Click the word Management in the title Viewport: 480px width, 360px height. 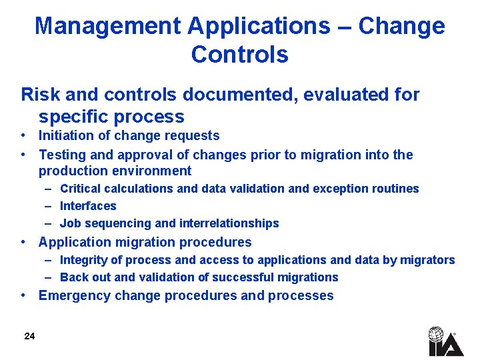(107, 26)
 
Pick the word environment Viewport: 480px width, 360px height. (151, 171)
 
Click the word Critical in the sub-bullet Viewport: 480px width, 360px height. (81, 189)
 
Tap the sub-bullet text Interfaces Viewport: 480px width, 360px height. (88, 206)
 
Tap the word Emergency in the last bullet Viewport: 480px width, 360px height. (75, 296)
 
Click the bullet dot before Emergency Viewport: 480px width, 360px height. (24, 295)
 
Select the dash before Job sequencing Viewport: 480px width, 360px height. (50, 223)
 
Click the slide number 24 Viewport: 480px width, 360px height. (29, 336)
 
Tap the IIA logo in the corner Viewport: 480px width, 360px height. (445, 341)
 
